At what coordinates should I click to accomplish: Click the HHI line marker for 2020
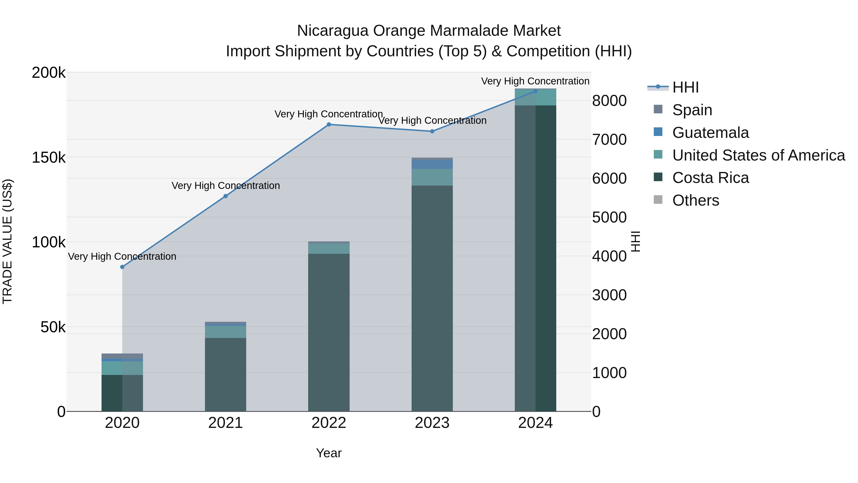(122, 267)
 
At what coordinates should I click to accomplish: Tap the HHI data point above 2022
(329, 124)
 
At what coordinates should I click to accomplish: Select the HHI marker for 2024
(535, 91)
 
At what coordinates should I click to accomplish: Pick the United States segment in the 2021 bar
(225, 332)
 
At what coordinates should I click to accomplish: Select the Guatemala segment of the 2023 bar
(432, 164)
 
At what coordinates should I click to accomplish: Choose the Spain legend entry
(692, 110)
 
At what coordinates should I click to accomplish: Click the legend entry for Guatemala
(710, 133)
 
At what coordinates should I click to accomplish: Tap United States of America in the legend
(758, 155)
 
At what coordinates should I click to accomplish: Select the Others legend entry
(695, 200)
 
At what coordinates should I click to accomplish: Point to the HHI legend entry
(685, 87)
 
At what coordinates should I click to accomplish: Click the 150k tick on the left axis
(49, 158)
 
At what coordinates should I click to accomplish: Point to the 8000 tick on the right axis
(609, 101)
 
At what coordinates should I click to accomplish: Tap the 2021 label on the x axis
(225, 423)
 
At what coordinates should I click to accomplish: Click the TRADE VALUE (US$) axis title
(7, 241)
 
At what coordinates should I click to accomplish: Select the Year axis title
(329, 453)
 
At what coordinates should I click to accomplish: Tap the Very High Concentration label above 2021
(225, 185)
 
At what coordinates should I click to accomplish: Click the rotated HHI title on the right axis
(635, 241)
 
